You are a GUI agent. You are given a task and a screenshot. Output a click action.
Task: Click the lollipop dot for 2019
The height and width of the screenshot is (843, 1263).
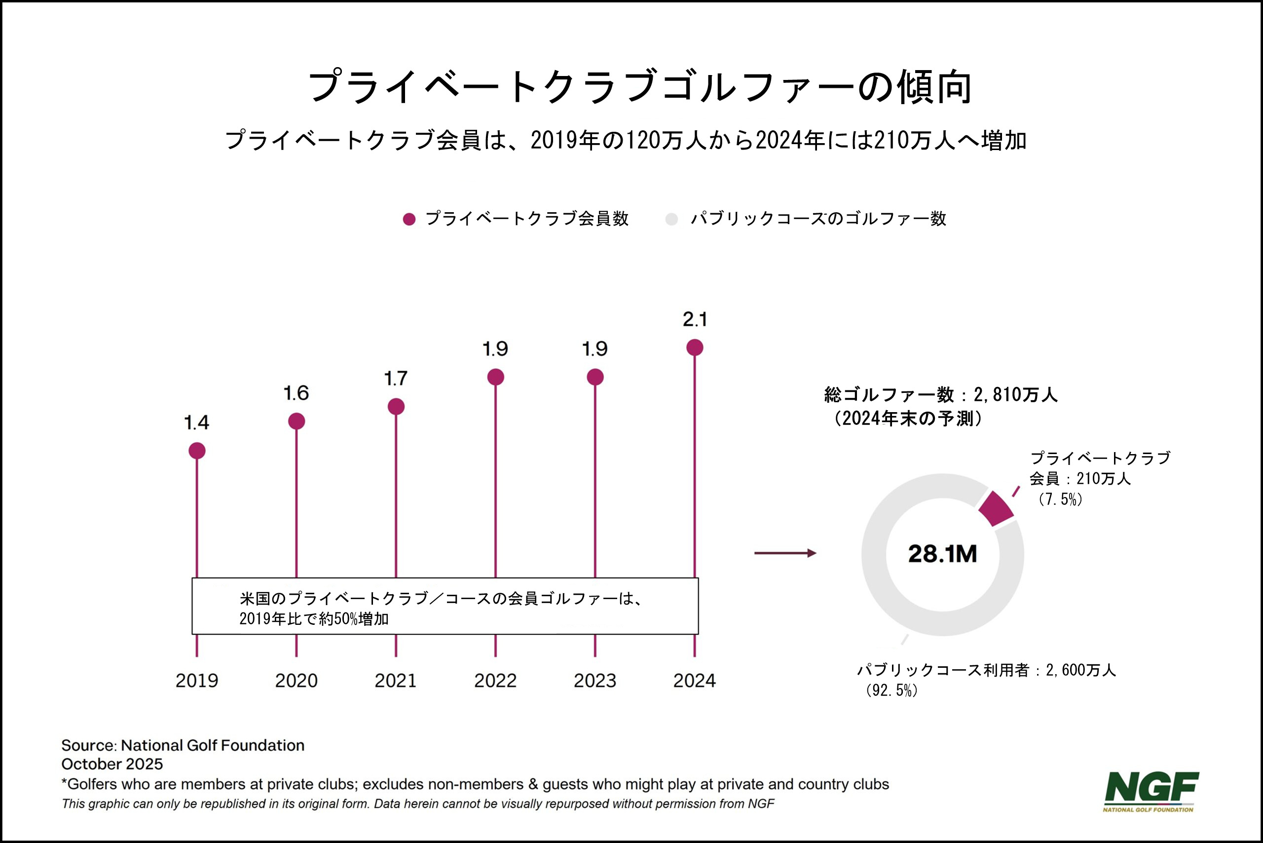click(197, 451)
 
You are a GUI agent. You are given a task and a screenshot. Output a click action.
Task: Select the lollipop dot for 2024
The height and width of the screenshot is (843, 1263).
click(694, 347)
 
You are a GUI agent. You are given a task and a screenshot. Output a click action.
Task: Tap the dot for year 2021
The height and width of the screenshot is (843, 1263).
click(396, 407)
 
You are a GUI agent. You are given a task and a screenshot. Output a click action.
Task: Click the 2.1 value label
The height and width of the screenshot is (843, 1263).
click(694, 320)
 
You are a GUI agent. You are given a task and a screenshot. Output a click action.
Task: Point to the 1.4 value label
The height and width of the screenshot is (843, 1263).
click(197, 422)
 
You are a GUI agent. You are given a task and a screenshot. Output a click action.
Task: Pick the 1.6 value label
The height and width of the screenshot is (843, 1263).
click(296, 393)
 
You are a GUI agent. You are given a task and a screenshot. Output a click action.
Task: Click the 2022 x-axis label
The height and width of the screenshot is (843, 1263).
click(495, 681)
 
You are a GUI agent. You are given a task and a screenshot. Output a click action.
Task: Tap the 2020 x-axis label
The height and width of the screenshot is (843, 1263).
click(296, 681)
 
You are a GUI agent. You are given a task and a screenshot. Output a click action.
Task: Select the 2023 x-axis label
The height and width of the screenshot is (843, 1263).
click(595, 681)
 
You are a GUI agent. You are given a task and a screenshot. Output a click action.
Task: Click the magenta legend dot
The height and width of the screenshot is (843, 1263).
click(409, 219)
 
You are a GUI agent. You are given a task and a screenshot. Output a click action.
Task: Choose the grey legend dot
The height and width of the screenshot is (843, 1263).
click(671, 219)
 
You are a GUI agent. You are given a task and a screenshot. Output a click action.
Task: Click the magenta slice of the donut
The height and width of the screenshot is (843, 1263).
click(995, 508)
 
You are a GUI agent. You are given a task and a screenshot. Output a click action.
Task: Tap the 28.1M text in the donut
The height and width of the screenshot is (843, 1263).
click(942, 554)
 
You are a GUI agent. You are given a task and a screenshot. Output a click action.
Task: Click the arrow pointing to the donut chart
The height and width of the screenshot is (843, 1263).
click(784, 553)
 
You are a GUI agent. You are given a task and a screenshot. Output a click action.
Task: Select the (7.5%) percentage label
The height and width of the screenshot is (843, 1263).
click(1060, 499)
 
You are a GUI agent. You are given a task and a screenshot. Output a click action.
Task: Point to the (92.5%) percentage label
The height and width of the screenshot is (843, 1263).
click(892, 690)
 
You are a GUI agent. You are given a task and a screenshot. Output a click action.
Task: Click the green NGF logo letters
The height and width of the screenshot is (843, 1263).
click(1151, 788)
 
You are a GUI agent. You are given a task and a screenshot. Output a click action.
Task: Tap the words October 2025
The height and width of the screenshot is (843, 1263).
click(112, 764)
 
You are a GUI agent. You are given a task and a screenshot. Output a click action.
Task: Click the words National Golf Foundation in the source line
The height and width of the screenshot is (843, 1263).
click(213, 745)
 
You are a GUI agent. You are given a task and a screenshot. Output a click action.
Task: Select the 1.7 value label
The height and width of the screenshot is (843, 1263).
click(396, 379)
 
